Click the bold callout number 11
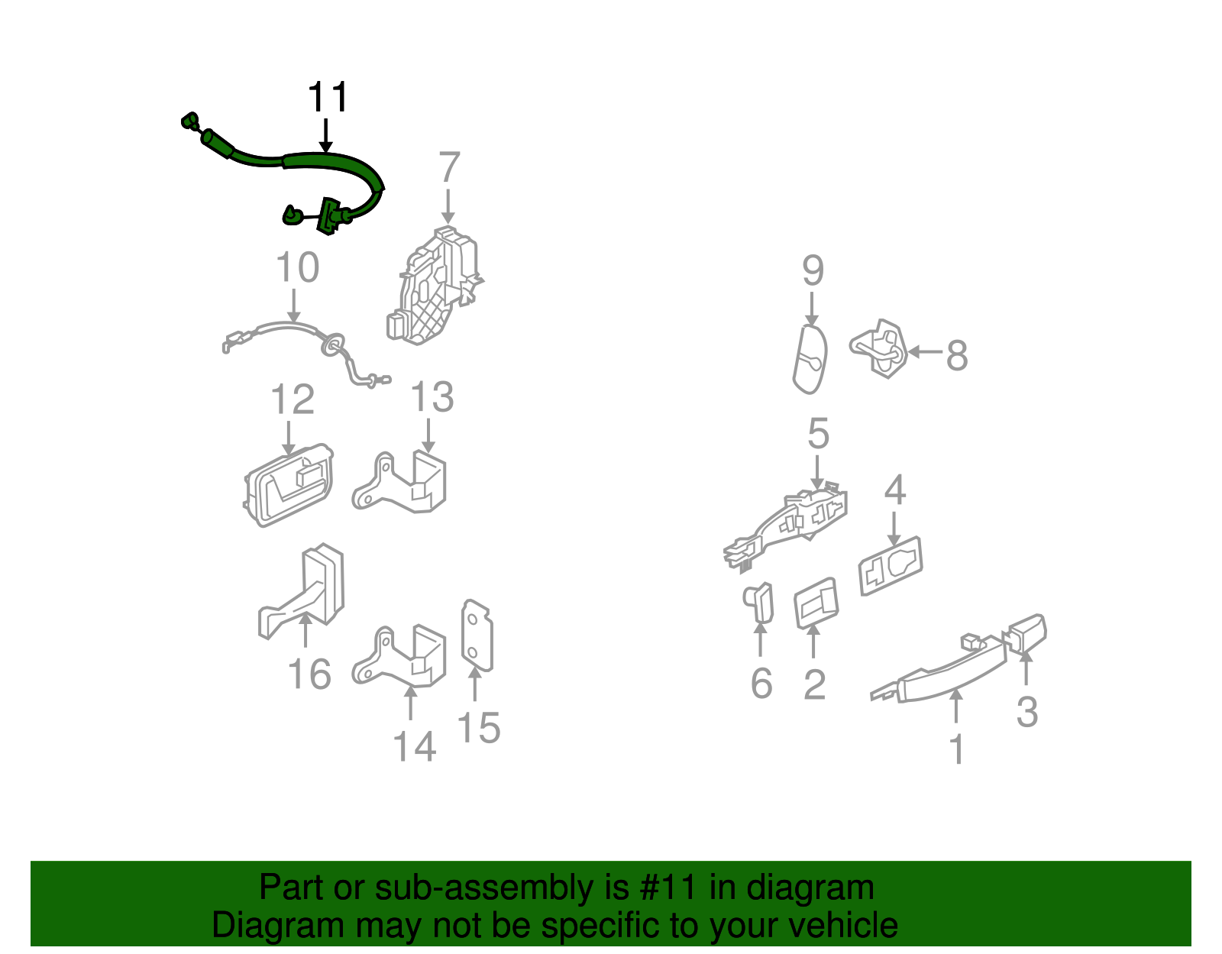328,98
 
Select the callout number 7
449,167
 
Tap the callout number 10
298,267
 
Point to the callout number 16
309,674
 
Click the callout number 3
1027,712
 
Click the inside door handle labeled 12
289,484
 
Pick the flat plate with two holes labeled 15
477,635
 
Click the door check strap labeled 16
302,591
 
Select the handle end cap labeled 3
1027,633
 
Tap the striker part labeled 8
878,348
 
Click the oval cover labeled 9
810,360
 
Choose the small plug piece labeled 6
758,603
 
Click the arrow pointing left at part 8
925,352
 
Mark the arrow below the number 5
817,472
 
